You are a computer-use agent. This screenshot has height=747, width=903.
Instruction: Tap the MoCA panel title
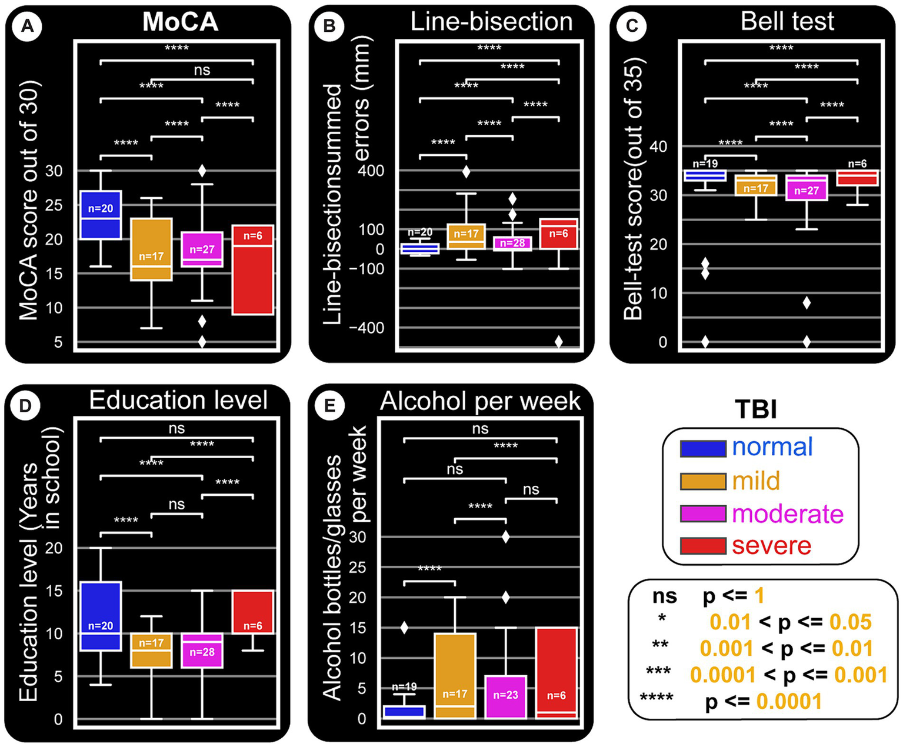point(181,22)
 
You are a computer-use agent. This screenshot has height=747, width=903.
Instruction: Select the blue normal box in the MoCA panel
point(101,215)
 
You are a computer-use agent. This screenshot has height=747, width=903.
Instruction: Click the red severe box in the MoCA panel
point(252,270)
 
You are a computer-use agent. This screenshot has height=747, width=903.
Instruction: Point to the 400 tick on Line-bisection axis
point(371,171)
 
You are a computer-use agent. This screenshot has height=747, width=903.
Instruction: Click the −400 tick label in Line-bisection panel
point(366,328)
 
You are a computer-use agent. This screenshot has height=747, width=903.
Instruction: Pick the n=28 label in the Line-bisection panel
point(512,243)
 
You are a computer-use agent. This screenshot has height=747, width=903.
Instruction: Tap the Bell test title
point(787,21)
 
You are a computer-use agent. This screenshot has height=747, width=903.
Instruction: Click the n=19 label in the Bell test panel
point(705,164)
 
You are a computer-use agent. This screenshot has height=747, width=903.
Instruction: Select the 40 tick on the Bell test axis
point(658,146)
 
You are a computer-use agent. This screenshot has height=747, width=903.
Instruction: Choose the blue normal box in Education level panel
point(101,616)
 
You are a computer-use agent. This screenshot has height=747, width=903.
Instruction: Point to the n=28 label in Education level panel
point(202,652)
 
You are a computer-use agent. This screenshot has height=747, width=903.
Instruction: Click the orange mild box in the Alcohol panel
point(455,675)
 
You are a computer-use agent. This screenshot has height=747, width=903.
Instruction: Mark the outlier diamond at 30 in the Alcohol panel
point(505,536)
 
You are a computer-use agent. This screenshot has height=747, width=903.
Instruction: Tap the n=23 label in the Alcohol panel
point(505,695)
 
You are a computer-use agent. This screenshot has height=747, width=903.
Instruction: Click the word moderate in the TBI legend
point(788,514)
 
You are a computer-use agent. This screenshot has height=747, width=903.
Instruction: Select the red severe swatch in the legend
point(703,546)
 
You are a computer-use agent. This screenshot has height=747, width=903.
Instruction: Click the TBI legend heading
point(757,409)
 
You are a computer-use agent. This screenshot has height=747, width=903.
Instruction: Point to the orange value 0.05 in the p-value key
point(850,622)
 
